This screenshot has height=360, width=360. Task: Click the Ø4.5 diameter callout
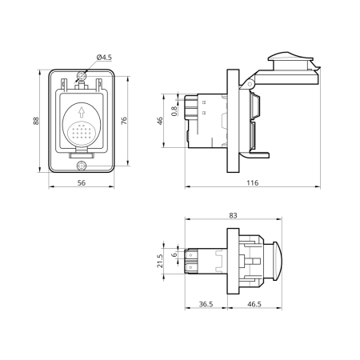[x=104, y=58]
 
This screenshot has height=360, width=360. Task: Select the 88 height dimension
[x=36, y=121]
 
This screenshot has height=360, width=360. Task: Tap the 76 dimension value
[x=124, y=121]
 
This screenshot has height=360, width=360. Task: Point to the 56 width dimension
[x=82, y=183]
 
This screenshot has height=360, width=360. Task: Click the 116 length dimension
[x=252, y=183]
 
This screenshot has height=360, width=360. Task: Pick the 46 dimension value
[x=160, y=121]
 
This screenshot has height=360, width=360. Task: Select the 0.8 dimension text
[x=174, y=111]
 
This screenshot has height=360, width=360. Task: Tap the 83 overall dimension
[x=233, y=215]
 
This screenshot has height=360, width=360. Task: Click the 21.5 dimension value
[x=159, y=261]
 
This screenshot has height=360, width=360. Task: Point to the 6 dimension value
[x=174, y=254]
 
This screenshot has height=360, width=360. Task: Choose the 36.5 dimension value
[x=206, y=304]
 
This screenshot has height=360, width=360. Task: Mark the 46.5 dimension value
[x=254, y=304]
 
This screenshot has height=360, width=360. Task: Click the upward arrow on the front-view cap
[x=82, y=112]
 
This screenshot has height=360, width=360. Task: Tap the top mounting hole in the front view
[x=82, y=77]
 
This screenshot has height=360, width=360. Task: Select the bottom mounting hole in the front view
[x=82, y=166]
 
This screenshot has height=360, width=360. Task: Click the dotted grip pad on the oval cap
[x=80, y=132]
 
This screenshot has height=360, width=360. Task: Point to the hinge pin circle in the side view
[x=250, y=84]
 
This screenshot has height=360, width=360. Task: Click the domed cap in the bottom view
[x=277, y=261]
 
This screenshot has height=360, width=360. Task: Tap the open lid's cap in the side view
[x=290, y=61]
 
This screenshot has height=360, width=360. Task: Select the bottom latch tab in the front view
[x=82, y=154]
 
